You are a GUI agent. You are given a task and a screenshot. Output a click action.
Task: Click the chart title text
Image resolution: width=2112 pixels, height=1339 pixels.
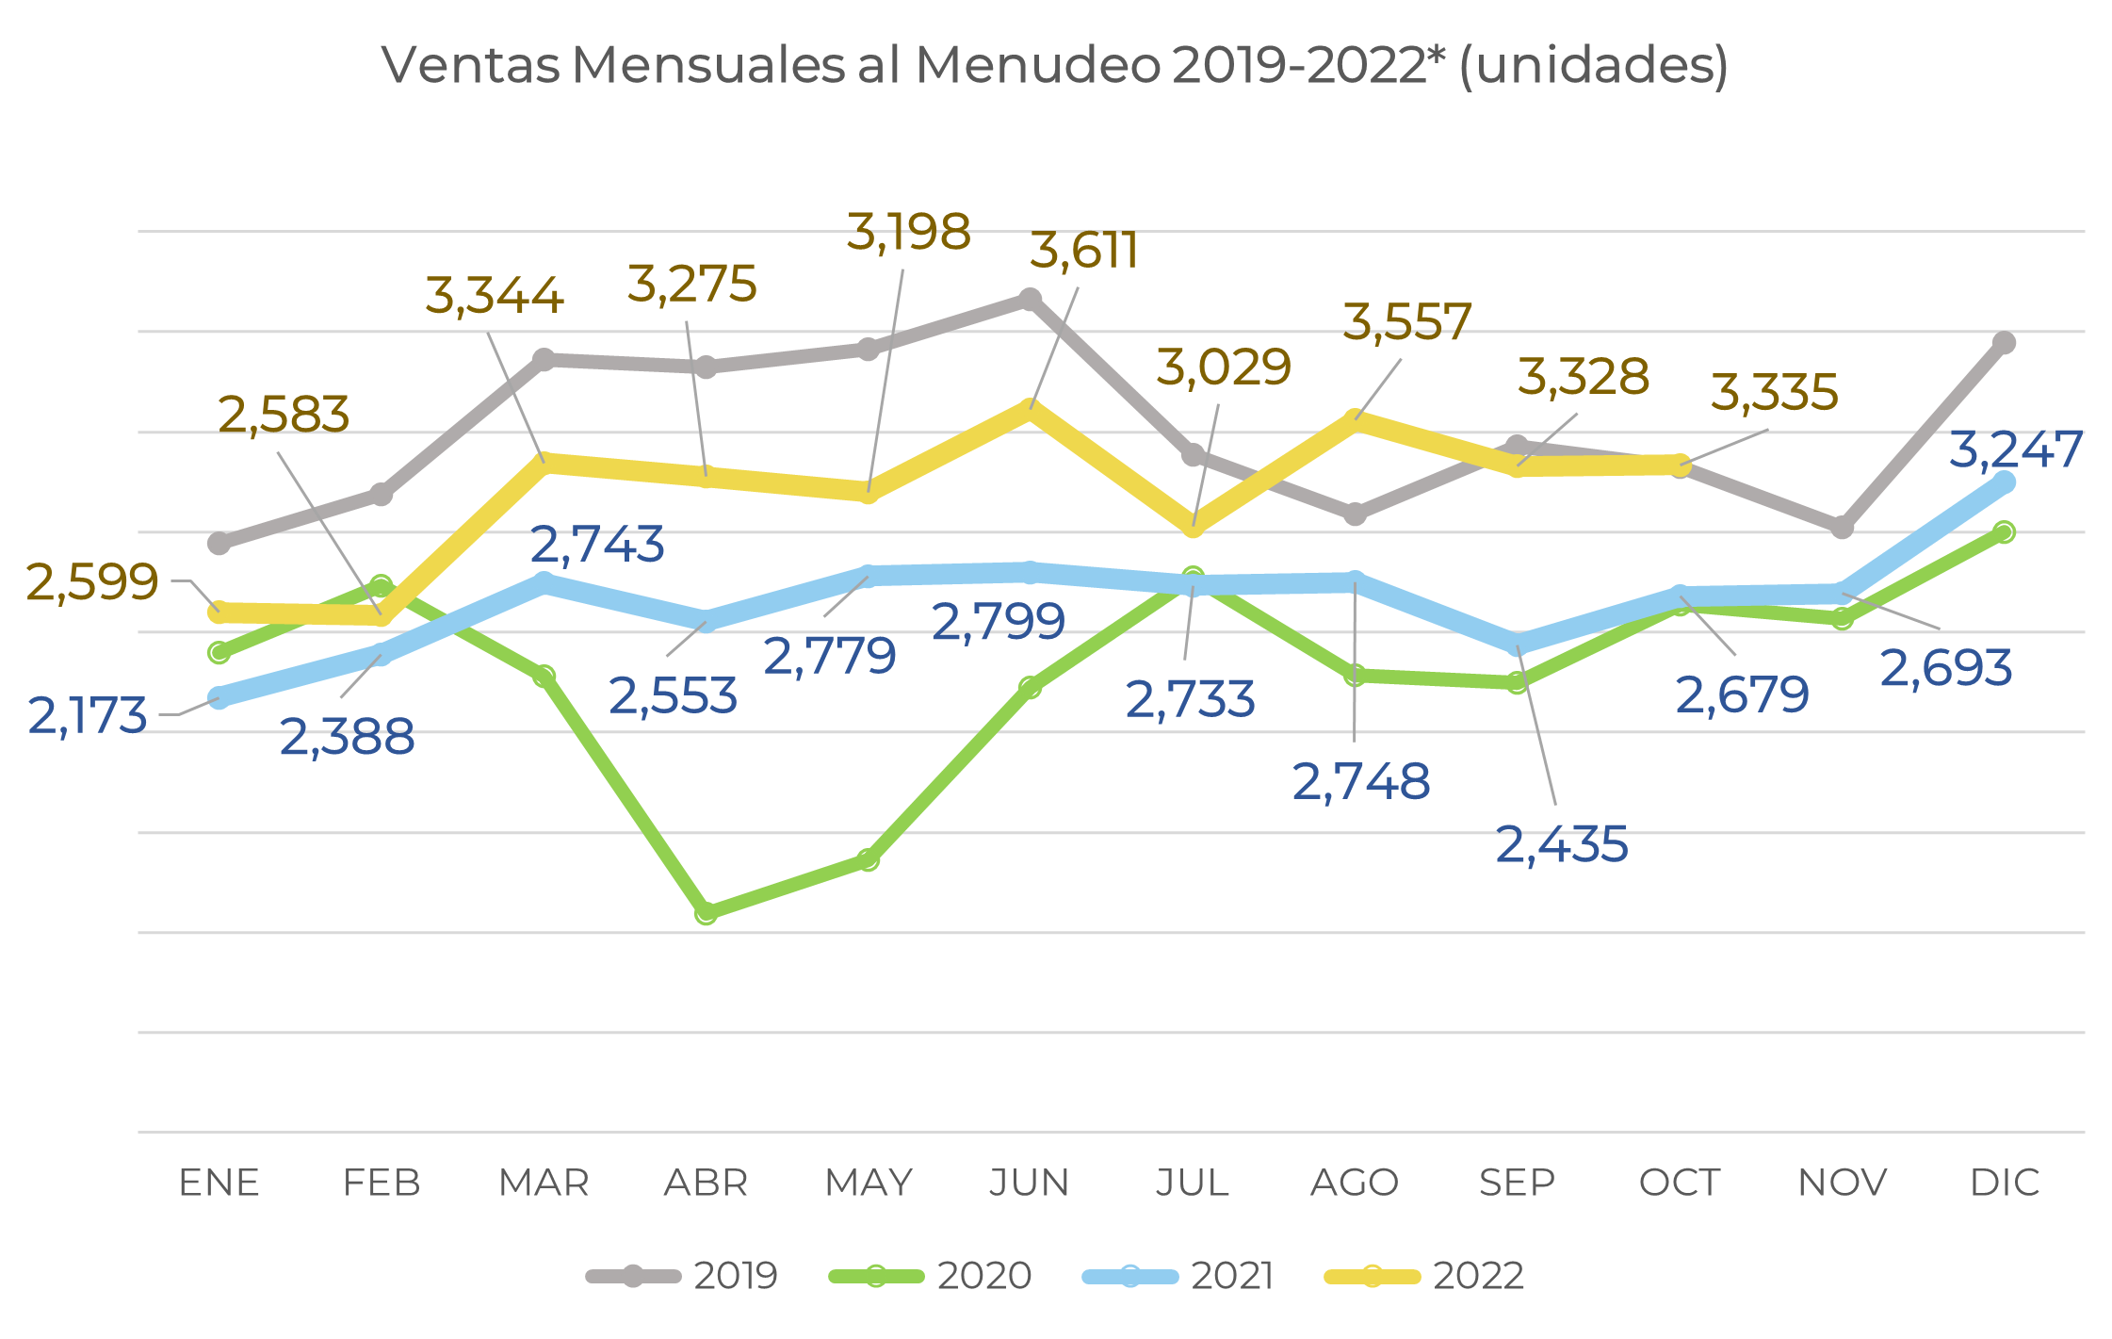tap(1054, 66)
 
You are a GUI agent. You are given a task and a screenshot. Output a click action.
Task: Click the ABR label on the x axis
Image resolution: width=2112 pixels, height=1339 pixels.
tap(706, 1183)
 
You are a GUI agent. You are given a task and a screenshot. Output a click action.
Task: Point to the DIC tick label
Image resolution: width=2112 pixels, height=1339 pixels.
tap(2005, 1183)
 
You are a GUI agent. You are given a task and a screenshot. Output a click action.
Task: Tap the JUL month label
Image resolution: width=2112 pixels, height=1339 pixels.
tap(1192, 1183)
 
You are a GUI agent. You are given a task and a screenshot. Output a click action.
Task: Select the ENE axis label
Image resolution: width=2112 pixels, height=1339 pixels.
tap(219, 1183)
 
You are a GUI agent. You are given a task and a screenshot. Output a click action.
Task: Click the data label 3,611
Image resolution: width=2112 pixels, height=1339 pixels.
tap(1083, 251)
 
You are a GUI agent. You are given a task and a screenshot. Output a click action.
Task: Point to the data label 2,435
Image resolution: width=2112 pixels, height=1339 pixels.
tap(1562, 844)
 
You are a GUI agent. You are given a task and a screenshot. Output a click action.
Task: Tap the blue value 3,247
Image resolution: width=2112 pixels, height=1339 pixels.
tap(2015, 449)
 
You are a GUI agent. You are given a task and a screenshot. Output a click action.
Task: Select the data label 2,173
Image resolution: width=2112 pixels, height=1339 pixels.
tap(88, 716)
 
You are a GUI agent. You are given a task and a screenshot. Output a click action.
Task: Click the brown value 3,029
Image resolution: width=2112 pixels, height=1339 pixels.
tap(1223, 367)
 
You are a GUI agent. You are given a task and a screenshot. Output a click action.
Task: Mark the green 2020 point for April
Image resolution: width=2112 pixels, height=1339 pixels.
tap(706, 912)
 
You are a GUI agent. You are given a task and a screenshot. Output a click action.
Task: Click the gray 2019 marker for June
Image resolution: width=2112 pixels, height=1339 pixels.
tap(1030, 300)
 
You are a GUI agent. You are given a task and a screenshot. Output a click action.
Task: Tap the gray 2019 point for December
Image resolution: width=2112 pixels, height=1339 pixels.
tap(2005, 343)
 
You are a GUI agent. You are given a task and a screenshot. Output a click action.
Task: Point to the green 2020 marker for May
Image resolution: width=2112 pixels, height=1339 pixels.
tap(868, 859)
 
